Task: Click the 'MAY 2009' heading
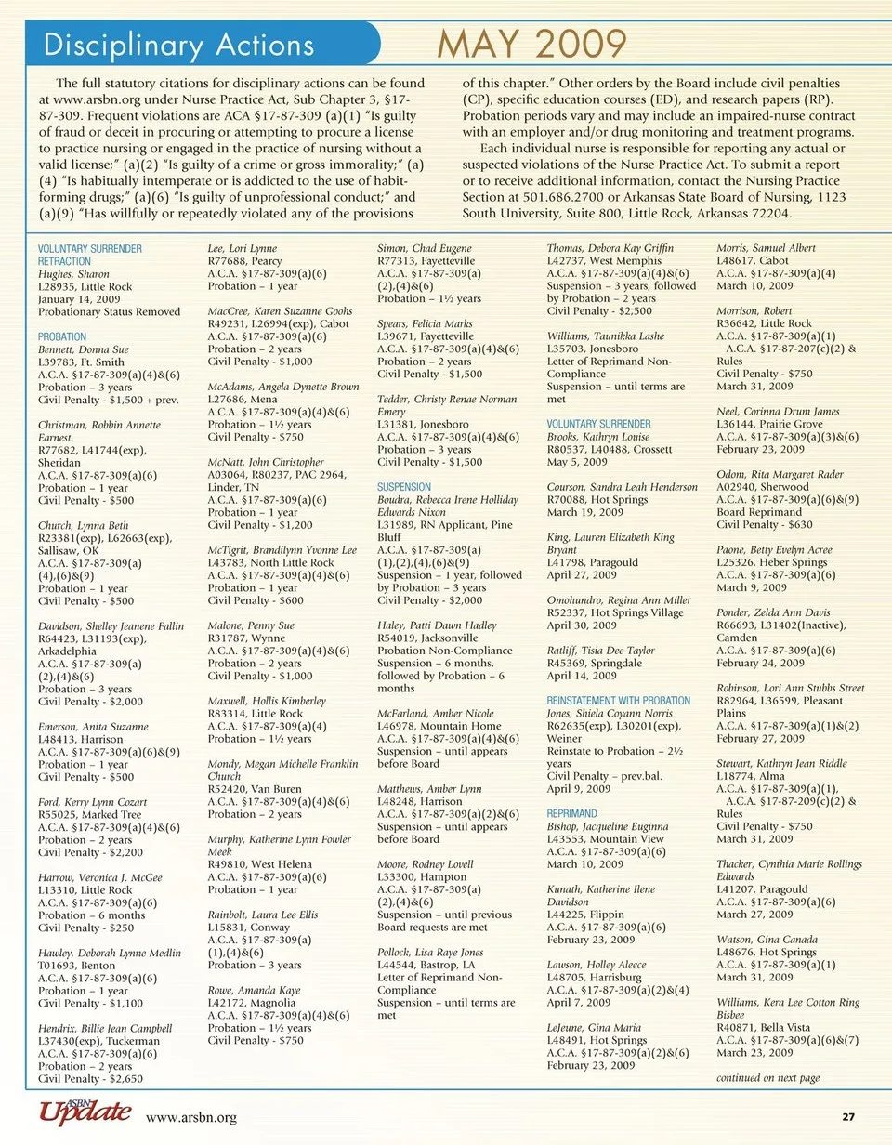coord(532,43)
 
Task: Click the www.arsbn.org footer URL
coord(187,1117)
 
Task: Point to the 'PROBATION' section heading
coord(62,336)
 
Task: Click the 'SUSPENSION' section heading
coord(404,486)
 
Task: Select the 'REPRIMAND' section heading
coord(573,813)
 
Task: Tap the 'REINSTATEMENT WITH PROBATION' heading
coord(619,700)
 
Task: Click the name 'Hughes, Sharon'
coord(73,274)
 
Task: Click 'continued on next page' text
coord(767,1078)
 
